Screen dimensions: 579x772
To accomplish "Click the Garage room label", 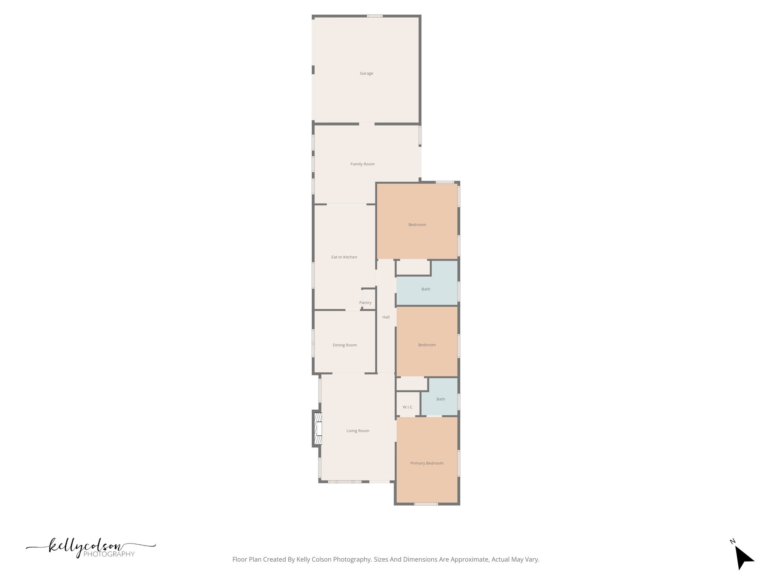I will tap(366, 74).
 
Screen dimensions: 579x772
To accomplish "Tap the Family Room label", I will tap(362, 164).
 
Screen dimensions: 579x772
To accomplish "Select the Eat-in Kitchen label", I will tap(344, 257).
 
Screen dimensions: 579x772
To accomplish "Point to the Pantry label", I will tap(365, 303).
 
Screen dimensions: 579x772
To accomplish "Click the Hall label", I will tap(386, 317).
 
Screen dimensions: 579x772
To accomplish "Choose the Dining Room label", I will tap(345, 345).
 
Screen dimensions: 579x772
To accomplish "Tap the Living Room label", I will tap(358, 431).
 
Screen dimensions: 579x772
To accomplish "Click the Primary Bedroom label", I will tap(427, 463).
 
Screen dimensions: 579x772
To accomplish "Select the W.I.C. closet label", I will tap(408, 407).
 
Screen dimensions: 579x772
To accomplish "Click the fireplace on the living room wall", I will tap(317, 429).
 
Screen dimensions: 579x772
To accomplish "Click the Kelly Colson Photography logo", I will tap(91, 548).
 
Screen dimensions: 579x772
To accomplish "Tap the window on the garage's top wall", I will tap(375, 16).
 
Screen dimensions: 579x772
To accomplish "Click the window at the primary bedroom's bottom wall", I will tap(426, 504).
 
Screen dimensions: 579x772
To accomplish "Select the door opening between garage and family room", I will tap(366, 124).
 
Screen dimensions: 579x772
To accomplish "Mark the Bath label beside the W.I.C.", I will tap(441, 399).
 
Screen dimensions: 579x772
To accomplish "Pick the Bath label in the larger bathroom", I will tap(426, 289).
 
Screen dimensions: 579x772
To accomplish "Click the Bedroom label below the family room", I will tap(417, 225).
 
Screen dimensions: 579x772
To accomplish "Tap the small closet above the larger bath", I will tap(413, 267).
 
